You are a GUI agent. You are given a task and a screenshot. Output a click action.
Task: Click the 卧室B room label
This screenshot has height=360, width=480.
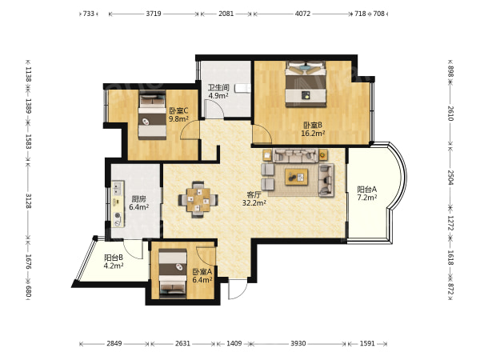pyautogui.click(x=313, y=125)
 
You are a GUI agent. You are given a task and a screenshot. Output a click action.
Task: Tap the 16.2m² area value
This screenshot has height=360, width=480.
pyautogui.click(x=313, y=133)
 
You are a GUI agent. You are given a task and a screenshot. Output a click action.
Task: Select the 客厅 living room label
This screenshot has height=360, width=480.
pyautogui.click(x=254, y=194)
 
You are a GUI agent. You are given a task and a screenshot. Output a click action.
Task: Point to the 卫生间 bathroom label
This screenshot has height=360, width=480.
pyautogui.click(x=218, y=87)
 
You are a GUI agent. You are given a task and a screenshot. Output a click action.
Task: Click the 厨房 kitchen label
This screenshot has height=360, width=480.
pyautogui.click(x=138, y=199)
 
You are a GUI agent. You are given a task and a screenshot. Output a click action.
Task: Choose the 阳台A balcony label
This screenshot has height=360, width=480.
pyautogui.click(x=367, y=189)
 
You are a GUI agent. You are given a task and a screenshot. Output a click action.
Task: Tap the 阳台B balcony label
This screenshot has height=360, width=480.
pyautogui.click(x=114, y=258)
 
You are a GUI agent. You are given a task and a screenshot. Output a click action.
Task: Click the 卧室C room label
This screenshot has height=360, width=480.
pyautogui.click(x=178, y=110)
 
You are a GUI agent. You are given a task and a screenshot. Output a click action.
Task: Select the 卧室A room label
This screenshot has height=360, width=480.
pyautogui.click(x=202, y=271)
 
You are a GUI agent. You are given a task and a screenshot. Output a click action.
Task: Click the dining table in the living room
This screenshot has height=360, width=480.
pyautogui.click(x=198, y=199)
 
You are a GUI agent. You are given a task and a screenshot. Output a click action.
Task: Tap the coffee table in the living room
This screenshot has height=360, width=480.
pyautogui.click(x=296, y=177)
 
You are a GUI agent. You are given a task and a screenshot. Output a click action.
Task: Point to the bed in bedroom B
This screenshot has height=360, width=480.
pyautogui.click(x=306, y=84)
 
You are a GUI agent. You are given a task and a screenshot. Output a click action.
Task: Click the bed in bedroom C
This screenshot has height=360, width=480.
pyautogui.click(x=152, y=117)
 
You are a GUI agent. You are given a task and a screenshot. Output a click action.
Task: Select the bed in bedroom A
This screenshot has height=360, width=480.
pyautogui.click(x=173, y=273)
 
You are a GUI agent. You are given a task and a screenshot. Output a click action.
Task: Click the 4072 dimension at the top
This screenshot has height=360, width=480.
pyautogui.click(x=302, y=14)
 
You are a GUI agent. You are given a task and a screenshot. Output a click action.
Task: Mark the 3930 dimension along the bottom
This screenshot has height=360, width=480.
pyautogui.click(x=298, y=343)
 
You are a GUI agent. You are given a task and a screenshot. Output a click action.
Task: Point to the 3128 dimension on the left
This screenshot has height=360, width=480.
pyautogui.click(x=28, y=201)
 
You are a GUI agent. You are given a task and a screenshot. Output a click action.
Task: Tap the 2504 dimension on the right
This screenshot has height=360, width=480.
pyautogui.click(x=450, y=178)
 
